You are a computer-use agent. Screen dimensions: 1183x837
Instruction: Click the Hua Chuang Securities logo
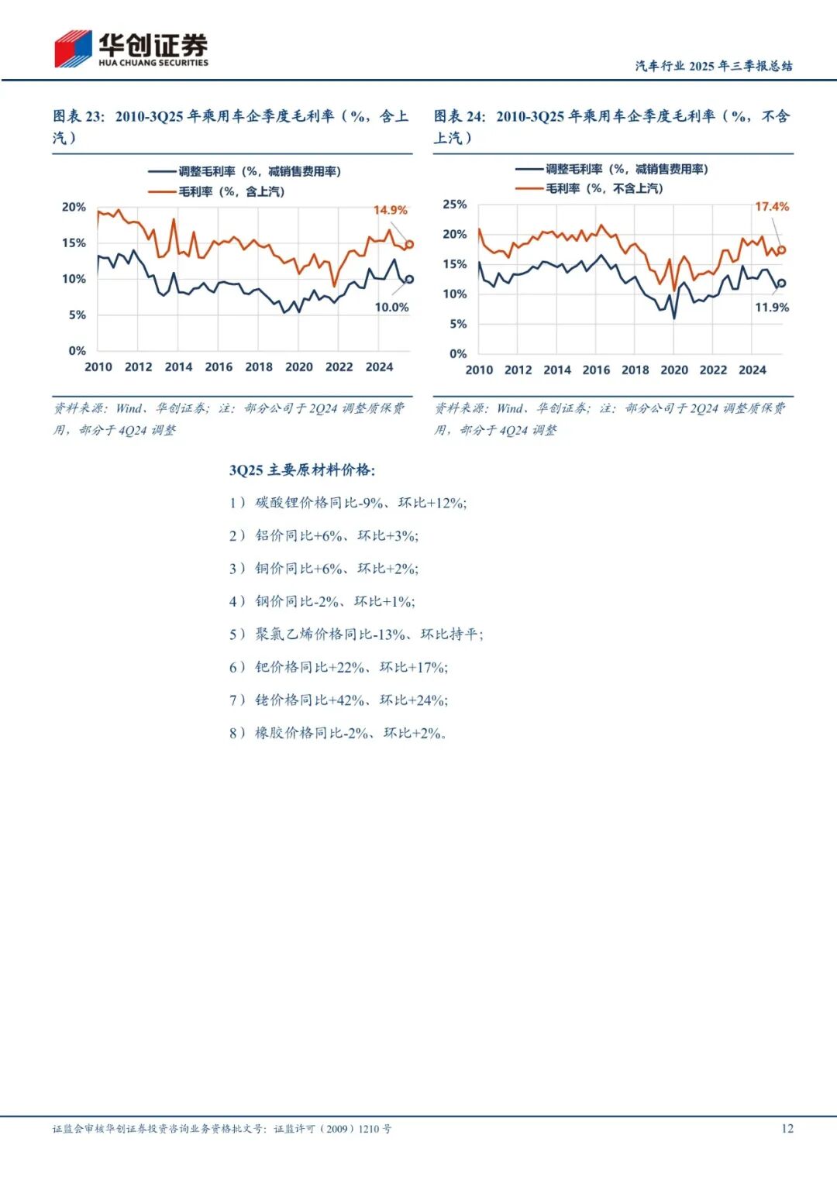[x=131, y=49]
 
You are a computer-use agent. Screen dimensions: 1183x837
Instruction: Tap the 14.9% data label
[x=390, y=210]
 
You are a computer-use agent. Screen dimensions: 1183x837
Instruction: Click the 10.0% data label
[x=391, y=308]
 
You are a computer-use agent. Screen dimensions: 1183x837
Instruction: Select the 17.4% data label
[x=772, y=207]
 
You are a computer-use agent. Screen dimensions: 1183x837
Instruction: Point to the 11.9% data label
[x=772, y=308]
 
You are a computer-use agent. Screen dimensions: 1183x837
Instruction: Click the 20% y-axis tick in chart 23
[x=74, y=207]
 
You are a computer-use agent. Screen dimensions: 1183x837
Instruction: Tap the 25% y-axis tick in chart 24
[x=455, y=205]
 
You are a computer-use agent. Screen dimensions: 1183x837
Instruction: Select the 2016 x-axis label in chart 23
[x=219, y=367]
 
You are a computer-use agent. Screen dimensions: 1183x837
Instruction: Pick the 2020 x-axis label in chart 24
[x=673, y=370]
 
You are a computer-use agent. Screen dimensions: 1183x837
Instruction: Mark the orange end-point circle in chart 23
[x=409, y=244]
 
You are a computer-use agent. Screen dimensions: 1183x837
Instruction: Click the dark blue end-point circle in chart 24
[x=781, y=283]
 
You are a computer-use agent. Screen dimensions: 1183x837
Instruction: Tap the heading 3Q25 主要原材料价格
[x=302, y=470]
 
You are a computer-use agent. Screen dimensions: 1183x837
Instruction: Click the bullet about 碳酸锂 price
[x=348, y=503]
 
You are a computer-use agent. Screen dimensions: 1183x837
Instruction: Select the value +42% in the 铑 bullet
[x=348, y=700]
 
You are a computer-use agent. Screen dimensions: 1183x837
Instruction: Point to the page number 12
[x=787, y=1129]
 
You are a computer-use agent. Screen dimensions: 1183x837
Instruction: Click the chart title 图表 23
[x=77, y=116]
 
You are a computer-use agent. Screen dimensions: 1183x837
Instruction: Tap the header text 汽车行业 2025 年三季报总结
[x=714, y=66]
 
